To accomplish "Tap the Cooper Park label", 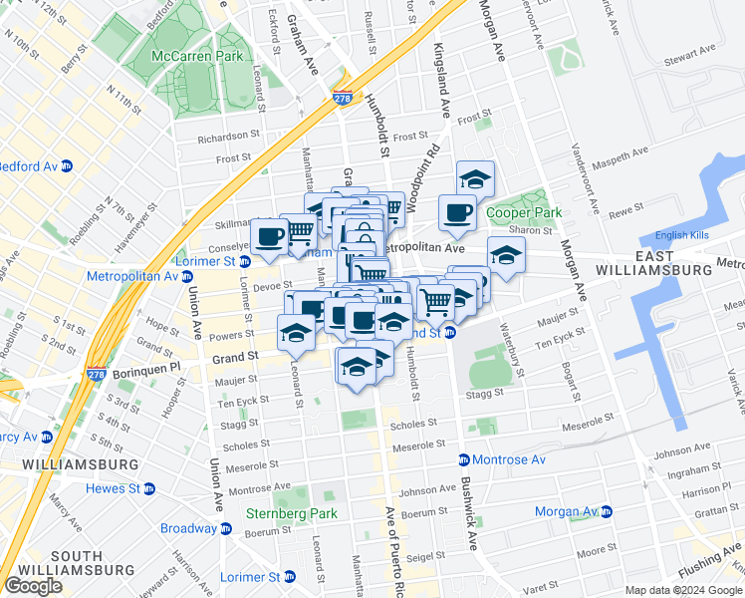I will (524, 212).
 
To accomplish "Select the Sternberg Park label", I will (293, 514).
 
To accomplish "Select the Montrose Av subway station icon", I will (464, 459).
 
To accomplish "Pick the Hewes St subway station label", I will (112, 488).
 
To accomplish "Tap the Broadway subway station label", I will (191, 528).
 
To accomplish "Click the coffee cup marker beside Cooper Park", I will (457, 212).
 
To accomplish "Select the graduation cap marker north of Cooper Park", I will (476, 179).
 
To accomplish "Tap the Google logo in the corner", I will (33, 586).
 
